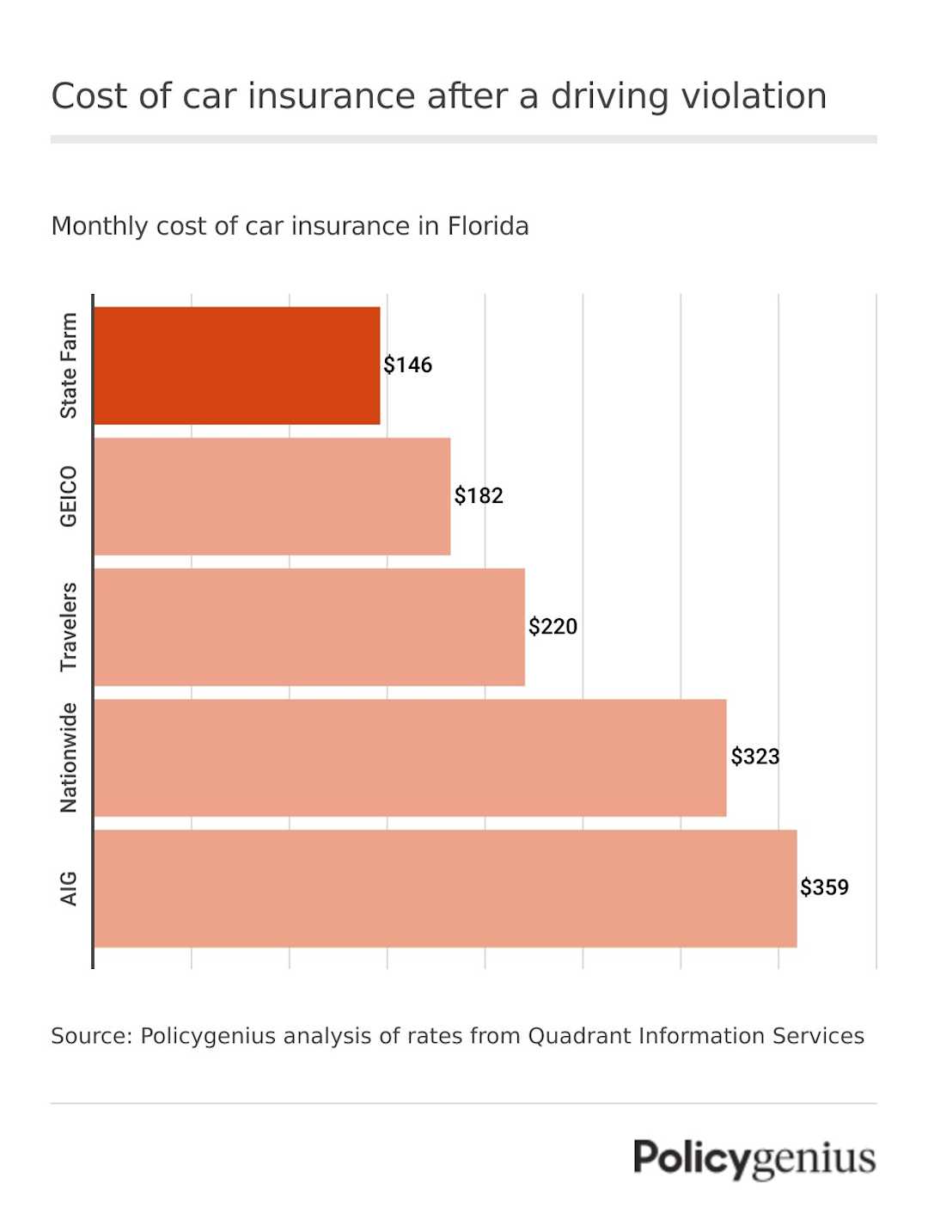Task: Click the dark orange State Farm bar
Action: (x=236, y=365)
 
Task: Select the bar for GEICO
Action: (x=272, y=496)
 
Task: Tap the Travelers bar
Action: (x=309, y=627)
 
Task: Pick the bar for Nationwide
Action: (x=410, y=757)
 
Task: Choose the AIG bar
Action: (x=445, y=888)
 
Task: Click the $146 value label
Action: (x=407, y=365)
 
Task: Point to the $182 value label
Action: (x=479, y=496)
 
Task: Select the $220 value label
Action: (x=553, y=627)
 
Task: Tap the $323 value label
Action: (x=754, y=757)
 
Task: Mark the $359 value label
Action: (x=824, y=887)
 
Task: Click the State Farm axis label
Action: (x=69, y=365)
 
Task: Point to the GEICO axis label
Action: (x=69, y=496)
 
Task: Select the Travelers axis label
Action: (x=69, y=627)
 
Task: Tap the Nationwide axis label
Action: (x=69, y=757)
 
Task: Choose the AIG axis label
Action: (x=69, y=888)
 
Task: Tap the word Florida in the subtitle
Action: (x=487, y=226)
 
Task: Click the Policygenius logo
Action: (x=754, y=1158)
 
